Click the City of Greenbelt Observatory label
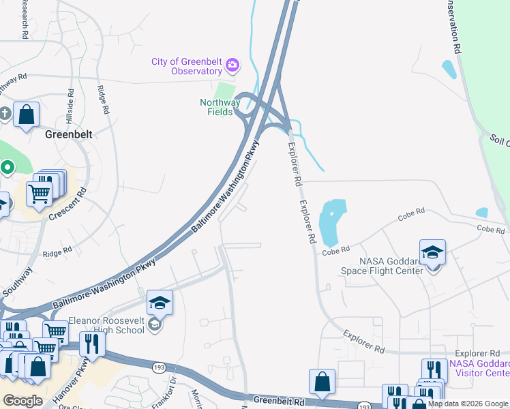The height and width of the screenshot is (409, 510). (187, 66)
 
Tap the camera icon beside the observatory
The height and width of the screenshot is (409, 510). (232, 65)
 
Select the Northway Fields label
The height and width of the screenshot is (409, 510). (220, 107)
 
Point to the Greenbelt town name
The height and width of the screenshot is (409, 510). (68, 134)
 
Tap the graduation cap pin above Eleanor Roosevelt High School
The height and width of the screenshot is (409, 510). (160, 303)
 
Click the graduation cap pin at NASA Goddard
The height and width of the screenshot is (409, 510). (432, 253)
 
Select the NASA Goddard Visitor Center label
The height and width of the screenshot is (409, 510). (479, 368)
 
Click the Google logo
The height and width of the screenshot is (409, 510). (22, 400)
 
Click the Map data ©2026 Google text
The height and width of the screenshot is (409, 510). (468, 404)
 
